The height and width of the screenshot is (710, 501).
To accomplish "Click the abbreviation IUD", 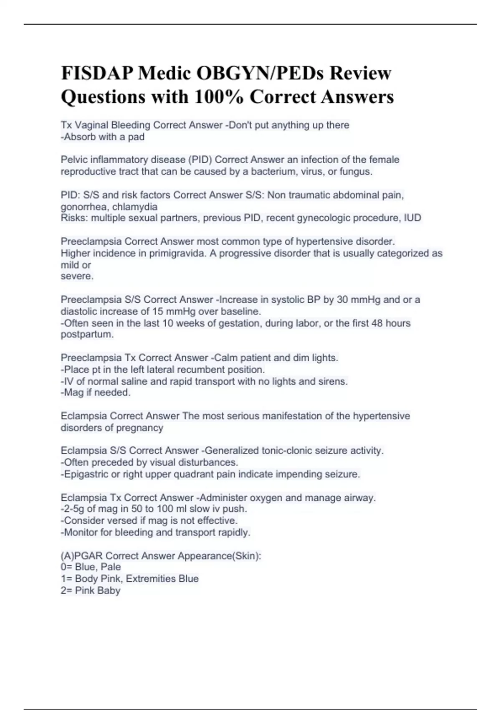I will pyautogui.click(x=412, y=218).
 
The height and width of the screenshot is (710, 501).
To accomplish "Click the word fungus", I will pyautogui.click(x=356, y=171).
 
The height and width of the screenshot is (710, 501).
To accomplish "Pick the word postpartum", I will pyautogui.click(x=87, y=335).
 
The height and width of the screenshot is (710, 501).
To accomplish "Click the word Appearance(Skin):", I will pyautogui.click(x=219, y=556).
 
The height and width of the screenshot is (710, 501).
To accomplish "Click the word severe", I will pyautogui.click(x=77, y=276).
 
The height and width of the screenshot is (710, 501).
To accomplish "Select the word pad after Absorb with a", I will pyautogui.click(x=136, y=137).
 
